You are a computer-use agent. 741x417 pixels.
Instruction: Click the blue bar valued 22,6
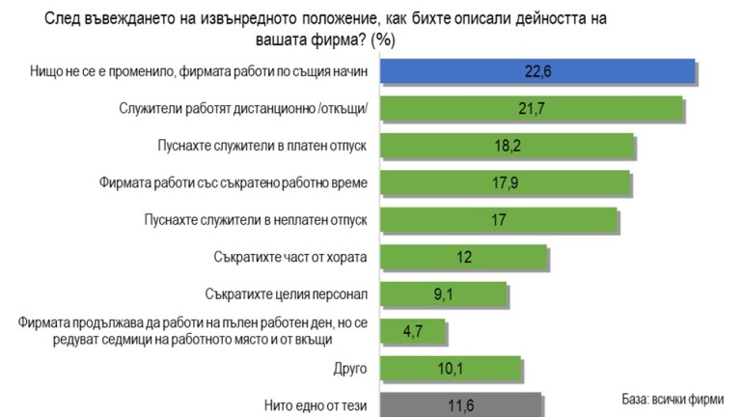537,72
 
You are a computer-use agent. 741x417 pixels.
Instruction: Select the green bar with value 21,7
533,108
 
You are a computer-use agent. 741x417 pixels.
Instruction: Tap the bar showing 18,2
507,146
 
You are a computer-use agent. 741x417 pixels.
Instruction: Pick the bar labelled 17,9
505,182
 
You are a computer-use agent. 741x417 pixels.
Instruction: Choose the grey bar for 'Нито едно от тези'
460,405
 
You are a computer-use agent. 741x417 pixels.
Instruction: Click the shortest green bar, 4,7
413,331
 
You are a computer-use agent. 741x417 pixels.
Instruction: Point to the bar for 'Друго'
451,369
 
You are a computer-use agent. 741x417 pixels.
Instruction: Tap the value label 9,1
445,293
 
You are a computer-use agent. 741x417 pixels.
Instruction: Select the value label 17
498,220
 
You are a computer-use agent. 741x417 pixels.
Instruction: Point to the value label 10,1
450,369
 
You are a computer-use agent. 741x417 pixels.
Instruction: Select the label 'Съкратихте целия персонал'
288,292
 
